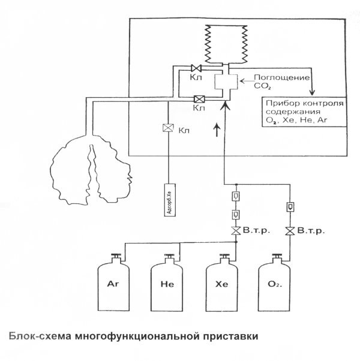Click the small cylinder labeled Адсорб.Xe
(170, 197)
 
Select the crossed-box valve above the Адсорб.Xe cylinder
(169, 128)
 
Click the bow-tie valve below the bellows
(195, 68)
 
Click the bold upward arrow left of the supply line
(215, 128)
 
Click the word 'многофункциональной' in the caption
(136, 335)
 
